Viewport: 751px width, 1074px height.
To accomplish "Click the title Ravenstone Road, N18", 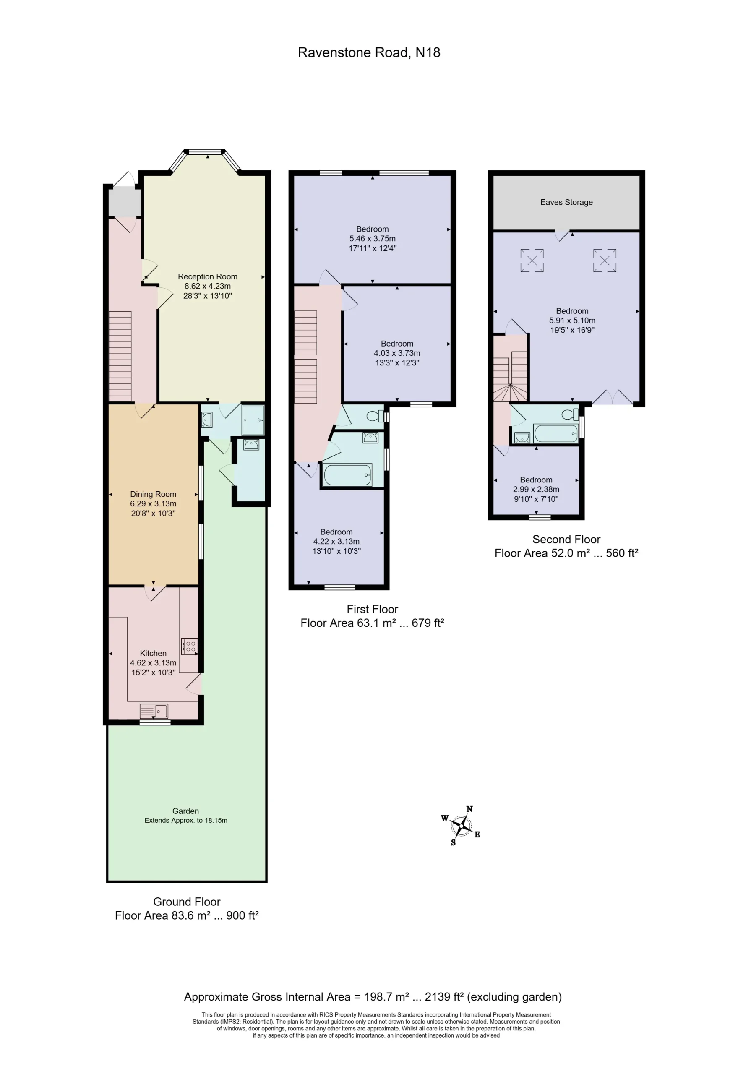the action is [x=369, y=52].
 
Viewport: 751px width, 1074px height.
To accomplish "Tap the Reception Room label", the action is [x=207, y=276].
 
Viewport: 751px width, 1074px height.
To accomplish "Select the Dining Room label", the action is [x=153, y=494].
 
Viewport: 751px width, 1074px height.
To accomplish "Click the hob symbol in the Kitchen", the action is [x=189, y=646].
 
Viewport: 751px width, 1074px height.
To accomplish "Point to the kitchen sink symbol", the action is [x=154, y=712].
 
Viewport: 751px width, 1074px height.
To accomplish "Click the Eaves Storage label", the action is [x=566, y=202].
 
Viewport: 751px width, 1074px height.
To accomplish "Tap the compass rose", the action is [x=462, y=826].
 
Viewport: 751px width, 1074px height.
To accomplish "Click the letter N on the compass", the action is [x=469, y=809].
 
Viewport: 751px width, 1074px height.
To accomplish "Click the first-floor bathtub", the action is [x=348, y=475].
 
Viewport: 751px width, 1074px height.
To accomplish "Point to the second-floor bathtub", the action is [x=556, y=433].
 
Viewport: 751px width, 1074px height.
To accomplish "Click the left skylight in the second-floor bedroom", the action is [x=532, y=261].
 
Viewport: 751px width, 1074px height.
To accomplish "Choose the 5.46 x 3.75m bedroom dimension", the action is [x=372, y=239].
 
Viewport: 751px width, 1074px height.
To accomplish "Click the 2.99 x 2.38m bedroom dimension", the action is [x=536, y=489].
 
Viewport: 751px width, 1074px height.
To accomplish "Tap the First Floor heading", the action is [x=372, y=609].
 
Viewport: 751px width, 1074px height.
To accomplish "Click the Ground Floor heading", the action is [x=187, y=902].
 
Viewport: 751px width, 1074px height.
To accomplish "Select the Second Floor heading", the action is [x=566, y=540].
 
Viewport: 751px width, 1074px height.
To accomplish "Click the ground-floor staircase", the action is [x=120, y=357].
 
